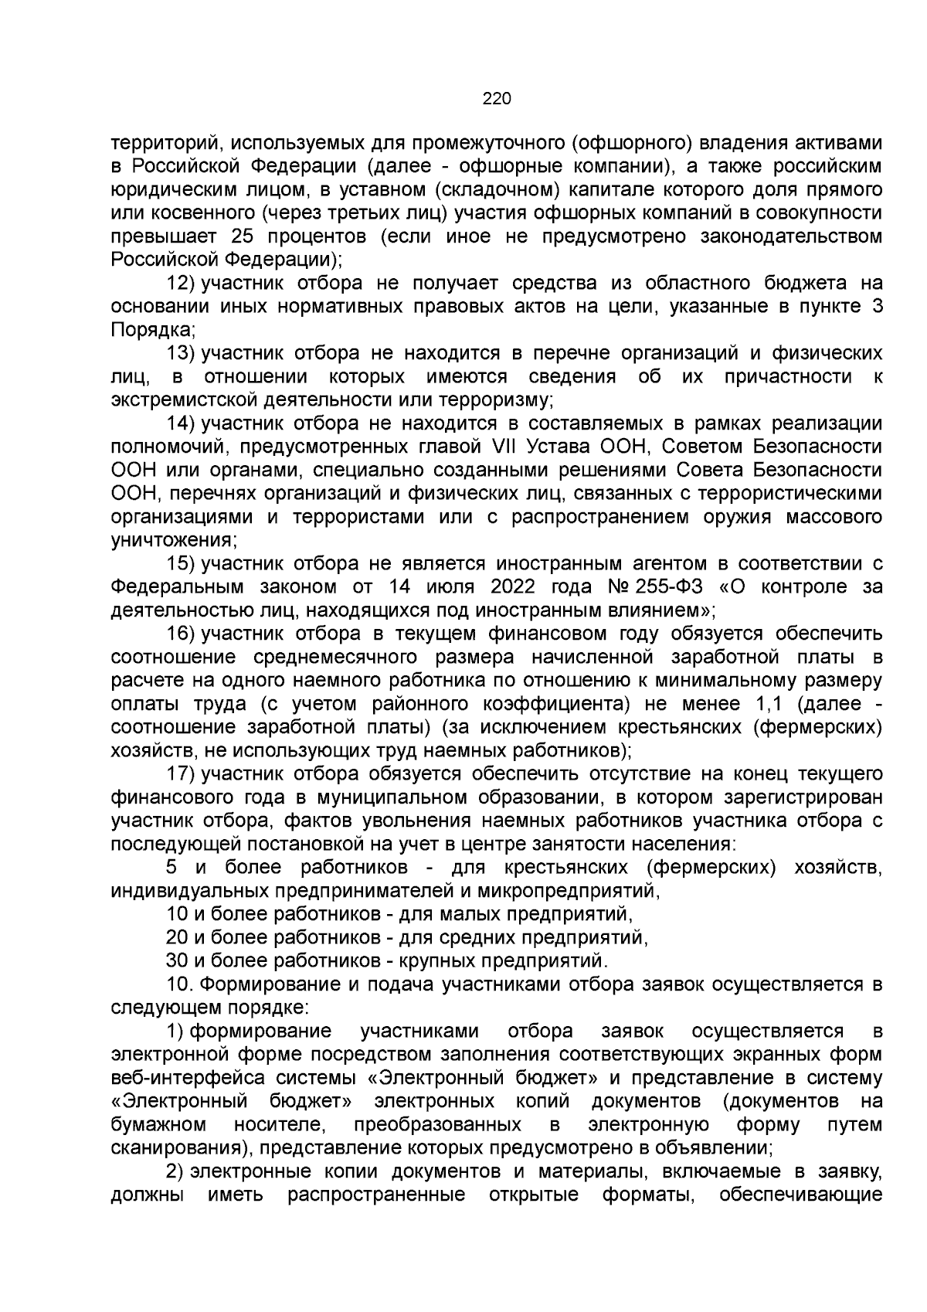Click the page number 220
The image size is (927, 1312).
pyautogui.click(x=497, y=98)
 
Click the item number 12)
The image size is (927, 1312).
pyautogui.click(x=181, y=284)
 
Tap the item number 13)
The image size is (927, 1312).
pyautogui.click(x=181, y=353)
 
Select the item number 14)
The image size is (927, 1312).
pyautogui.click(x=181, y=423)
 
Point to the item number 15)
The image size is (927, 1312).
pyautogui.click(x=181, y=563)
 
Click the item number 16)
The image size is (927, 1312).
pyautogui.click(x=181, y=634)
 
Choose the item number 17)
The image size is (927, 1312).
pyautogui.click(x=181, y=773)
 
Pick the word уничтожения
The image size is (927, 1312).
pyautogui.click(x=173, y=540)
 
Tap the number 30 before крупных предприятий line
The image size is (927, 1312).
pyautogui.click(x=178, y=961)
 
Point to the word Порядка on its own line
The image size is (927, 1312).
pyautogui.click(x=151, y=330)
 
